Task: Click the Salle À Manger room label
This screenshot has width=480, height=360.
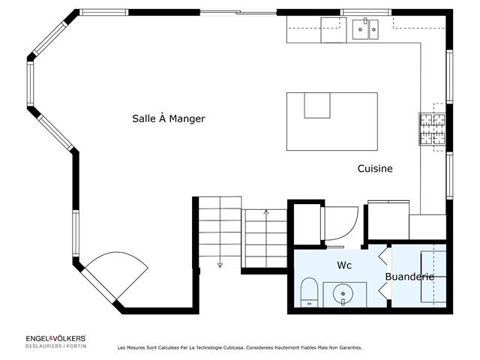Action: (168, 118)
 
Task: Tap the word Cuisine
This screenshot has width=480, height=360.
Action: (374, 169)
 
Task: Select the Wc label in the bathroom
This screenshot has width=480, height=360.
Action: (344, 265)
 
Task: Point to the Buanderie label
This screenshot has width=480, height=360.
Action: (409, 277)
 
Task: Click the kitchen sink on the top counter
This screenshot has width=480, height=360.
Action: (366, 29)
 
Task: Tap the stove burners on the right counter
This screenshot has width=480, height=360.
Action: (432, 127)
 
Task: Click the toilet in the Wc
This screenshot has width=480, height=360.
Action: (308, 292)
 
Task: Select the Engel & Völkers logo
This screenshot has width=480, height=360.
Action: (56, 339)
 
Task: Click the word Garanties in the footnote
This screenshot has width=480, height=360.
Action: (347, 348)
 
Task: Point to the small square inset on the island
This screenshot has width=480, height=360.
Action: (317, 105)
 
